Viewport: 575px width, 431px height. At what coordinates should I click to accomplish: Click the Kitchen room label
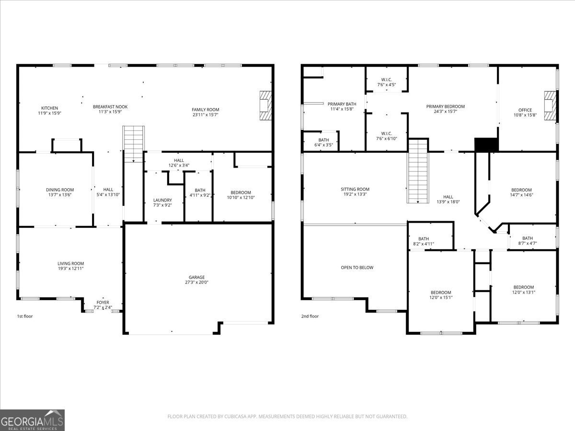[x=49, y=108]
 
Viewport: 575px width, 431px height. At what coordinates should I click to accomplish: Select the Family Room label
[x=205, y=110]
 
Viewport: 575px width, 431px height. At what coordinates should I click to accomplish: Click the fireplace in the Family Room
[x=265, y=106]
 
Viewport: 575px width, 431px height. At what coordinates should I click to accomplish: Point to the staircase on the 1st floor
[x=134, y=143]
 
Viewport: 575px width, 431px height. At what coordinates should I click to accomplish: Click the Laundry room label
[x=162, y=200]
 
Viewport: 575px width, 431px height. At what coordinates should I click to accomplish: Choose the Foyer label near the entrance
[x=103, y=302]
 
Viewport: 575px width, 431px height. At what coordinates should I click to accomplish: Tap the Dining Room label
[x=60, y=190]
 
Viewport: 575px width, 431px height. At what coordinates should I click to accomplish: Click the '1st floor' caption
[x=25, y=316]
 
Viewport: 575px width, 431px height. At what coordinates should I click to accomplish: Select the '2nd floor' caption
[x=310, y=316]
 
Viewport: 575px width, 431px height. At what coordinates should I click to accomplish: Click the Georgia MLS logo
[x=32, y=420]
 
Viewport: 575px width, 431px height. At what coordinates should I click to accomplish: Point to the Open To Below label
[x=357, y=268]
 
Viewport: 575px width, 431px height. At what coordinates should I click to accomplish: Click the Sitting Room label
[x=355, y=189]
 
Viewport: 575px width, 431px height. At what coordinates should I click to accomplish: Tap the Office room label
[x=525, y=110]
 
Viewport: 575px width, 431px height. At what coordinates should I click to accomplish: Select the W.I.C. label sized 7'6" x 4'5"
[x=386, y=79]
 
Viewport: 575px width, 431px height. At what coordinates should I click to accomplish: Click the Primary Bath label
[x=342, y=103]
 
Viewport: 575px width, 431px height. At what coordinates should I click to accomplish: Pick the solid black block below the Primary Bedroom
[x=486, y=144]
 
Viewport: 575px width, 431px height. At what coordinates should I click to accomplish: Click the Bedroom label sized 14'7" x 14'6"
[x=521, y=190]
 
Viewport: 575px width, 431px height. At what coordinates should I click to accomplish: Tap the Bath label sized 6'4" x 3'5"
[x=323, y=140]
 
